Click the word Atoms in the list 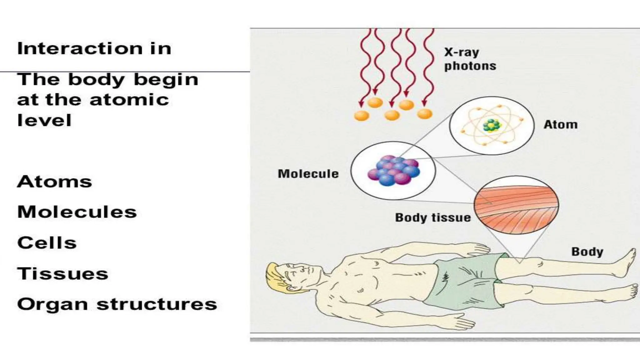click(54, 182)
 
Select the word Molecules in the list click(77, 212)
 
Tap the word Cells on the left click(47, 243)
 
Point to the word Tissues click(62, 274)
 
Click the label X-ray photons click(470, 59)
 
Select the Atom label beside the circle click(560, 125)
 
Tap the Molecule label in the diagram click(308, 174)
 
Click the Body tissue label click(433, 217)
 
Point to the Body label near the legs click(587, 252)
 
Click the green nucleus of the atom click(492, 126)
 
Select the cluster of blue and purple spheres click(394, 171)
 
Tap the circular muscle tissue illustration click(516, 205)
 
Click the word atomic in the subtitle click(129, 100)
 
